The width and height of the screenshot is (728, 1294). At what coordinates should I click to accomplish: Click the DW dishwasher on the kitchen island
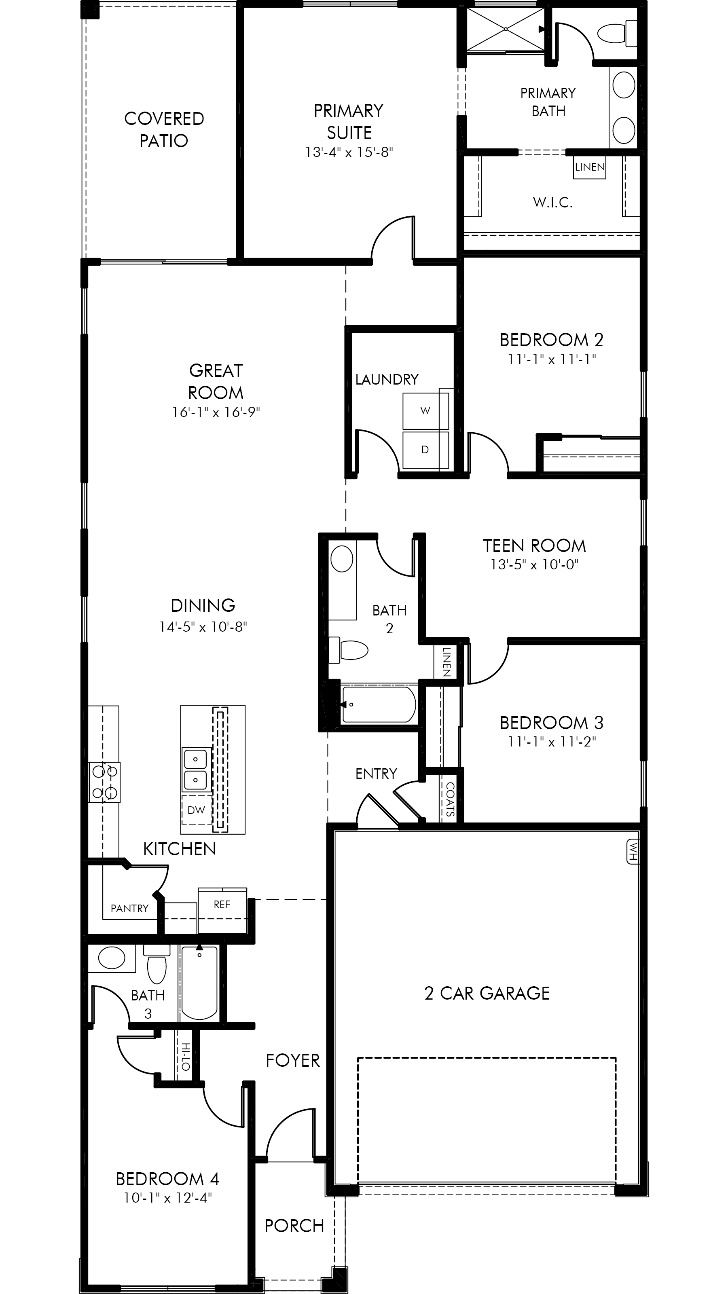pyautogui.click(x=197, y=810)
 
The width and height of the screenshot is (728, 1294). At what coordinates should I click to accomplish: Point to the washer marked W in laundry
pyautogui.click(x=425, y=411)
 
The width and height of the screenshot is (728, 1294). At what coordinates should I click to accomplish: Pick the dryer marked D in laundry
pyautogui.click(x=425, y=450)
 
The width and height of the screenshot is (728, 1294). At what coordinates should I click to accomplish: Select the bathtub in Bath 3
pyautogui.click(x=199, y=982)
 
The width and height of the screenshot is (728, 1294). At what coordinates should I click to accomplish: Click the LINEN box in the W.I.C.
pyautogui.click(x=590, y=167)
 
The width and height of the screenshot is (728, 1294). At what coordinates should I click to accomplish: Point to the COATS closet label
pyautogui.click(x=450, y=799)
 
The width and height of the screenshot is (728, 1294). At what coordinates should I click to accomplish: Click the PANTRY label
pyautogui.click(x=129, y=908)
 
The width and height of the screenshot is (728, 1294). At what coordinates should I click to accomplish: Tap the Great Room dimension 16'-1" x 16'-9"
pyautogui.click(x=216, y=412)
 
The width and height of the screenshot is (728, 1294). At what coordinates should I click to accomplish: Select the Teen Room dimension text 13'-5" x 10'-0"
pyautogui.click(x=535, y=565)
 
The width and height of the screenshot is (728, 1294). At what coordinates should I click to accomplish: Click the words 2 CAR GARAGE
pyautogui.click(x=487, y=993)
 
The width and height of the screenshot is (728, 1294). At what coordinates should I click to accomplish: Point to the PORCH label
pyautogui.click(x=294, y=1226)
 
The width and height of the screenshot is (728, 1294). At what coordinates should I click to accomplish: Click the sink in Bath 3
pyautogui.click(x=112, y=958)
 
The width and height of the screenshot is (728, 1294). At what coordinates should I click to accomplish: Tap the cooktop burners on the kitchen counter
pyautogui.click(x=104, y=782)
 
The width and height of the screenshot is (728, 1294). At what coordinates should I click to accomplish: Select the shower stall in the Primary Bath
pyautogui.click(x=506, y=29)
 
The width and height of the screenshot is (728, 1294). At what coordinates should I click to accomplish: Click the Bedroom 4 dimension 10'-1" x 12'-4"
pyautogui.click(x=168, y=1198)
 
